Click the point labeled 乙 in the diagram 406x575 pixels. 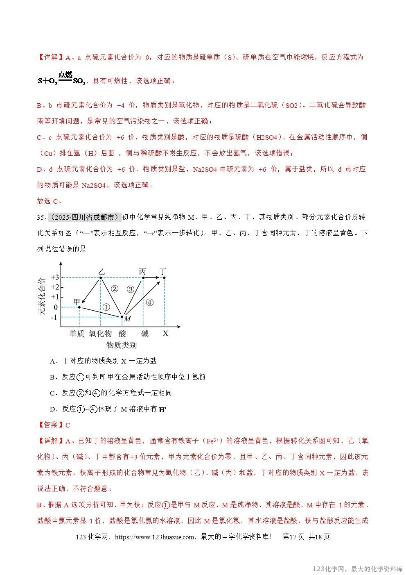(101, 278)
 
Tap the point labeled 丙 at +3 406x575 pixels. (143, 278)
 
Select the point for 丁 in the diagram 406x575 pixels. (164, 278)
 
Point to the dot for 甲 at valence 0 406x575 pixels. (79, 307)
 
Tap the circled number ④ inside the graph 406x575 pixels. (149, 302)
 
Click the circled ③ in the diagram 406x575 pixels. (131, 289)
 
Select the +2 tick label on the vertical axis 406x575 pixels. (55, 287)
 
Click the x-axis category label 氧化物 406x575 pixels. (100, 334)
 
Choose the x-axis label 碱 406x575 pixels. (144, 334)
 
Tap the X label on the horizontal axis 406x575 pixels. (165, 334)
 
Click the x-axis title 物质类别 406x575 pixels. (122, 345)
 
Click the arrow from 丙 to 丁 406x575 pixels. (153, 278)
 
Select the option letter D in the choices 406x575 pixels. (52, 409)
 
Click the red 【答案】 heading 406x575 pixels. (51, 425)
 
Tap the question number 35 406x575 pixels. (41, 217)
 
